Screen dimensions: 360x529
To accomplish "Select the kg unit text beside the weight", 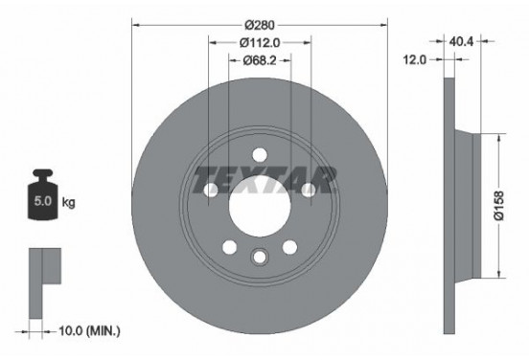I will click(x=68, y=204).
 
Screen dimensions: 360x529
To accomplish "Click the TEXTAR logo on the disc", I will click(x=264, y=178).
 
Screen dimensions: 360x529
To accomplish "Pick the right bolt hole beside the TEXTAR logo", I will click(x=308, y=191).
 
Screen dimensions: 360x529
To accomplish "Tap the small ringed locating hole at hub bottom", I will click(x=259, y=256).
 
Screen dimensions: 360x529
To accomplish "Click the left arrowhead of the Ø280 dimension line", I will click(x=134, y=23).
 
